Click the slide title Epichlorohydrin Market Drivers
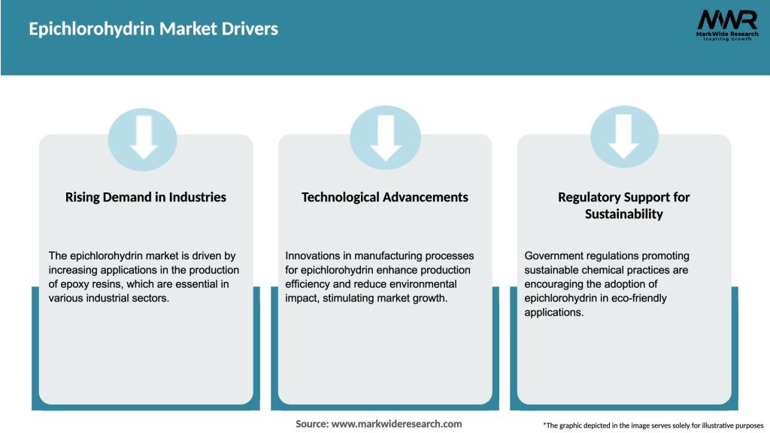(x=153, y=29)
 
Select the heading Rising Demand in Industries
(x=146, y=197)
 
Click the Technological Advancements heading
(x=385, y=197)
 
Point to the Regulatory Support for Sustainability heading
(x=624, y=205)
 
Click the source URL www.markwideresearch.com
(x=397, y=424)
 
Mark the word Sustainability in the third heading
(x=624, y=214)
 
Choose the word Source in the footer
(x=311, y=424)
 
